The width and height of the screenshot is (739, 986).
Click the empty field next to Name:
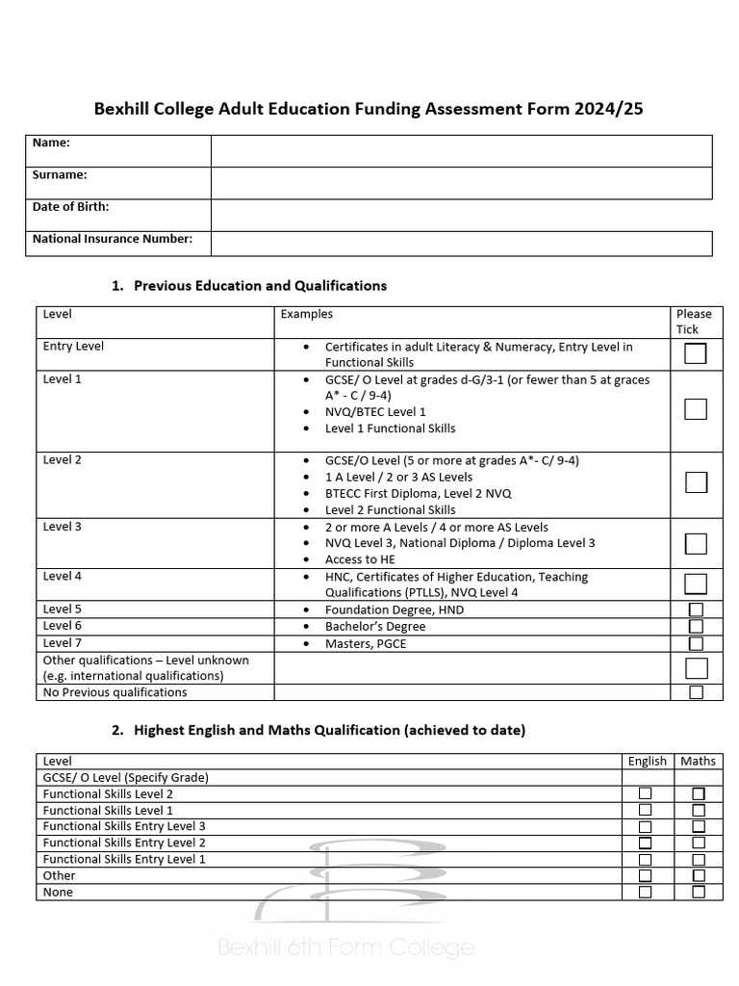point(461,150)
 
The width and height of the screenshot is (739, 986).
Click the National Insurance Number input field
point(461,243)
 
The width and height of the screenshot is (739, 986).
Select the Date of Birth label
point(71,207)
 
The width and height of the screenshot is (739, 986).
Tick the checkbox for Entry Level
point(696,353)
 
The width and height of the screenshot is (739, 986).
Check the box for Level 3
point(696,543)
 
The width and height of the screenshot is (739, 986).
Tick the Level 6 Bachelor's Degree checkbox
point(696,627)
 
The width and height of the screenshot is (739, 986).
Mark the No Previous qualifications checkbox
point(696,692)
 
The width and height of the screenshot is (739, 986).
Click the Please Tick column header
point(694,322)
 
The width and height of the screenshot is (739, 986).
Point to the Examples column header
point(306,314)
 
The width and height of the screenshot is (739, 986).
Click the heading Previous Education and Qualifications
point(260,286)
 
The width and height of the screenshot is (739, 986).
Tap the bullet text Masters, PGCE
point(365,643)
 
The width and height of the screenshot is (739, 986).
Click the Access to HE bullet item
point(359,559)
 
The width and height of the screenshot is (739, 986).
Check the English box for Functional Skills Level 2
point(646,793)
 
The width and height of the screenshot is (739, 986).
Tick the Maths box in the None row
point(699,893)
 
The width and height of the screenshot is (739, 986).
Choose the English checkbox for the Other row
point(646,876)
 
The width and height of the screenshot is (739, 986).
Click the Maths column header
point(698,761)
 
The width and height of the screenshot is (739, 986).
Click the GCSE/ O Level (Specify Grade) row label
point(126,777)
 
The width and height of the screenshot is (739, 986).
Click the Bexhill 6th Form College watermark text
point(346,947)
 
